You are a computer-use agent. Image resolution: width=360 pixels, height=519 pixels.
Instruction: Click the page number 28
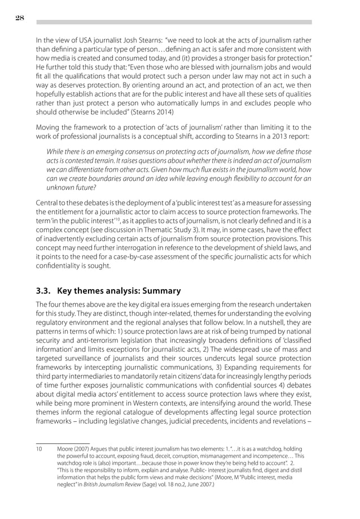19,18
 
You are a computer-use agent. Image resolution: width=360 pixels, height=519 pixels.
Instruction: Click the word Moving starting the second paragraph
49,127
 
